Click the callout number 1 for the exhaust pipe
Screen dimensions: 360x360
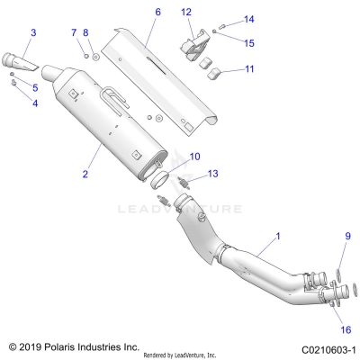(277, 235)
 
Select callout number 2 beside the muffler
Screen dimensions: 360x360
(85, 173)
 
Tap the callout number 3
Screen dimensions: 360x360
(33, 33)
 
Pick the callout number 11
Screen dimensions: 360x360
(224, 68)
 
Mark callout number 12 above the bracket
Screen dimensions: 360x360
(186, 12)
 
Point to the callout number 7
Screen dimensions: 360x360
(75, 33)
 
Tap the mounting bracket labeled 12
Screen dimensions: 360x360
(194, 45)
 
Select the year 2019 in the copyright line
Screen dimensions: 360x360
(33, 346)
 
